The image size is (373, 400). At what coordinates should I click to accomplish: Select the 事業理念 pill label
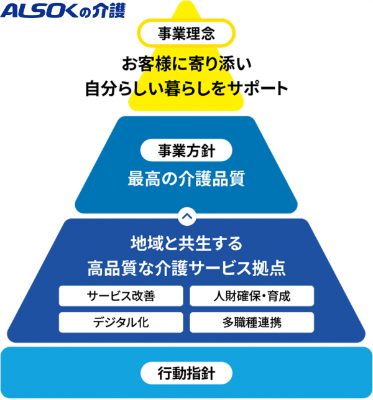[x=186, y=34]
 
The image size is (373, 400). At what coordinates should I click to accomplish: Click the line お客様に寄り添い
[x=186, y=64]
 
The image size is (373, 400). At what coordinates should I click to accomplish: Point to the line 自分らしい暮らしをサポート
[x=186, y=89]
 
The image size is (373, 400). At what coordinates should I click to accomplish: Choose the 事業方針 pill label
[x=186, y=151]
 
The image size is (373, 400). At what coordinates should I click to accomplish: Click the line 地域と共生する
[x=186, y=241]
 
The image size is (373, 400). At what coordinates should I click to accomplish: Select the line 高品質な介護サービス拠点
[x=186, y=268]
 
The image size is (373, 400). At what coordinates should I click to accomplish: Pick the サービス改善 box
[x=121, y=296]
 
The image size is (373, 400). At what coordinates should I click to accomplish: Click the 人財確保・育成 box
[x=252, y=296]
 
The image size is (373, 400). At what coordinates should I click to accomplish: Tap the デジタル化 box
[x=121, y=322]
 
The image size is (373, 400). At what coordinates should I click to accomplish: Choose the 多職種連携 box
[x=252, y=322]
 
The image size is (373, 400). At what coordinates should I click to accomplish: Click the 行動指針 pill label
[x=186, y=373]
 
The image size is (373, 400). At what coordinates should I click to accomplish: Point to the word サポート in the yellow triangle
[x=263, y=89]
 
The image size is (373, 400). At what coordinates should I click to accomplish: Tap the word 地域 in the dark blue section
[x=144, y=241]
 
